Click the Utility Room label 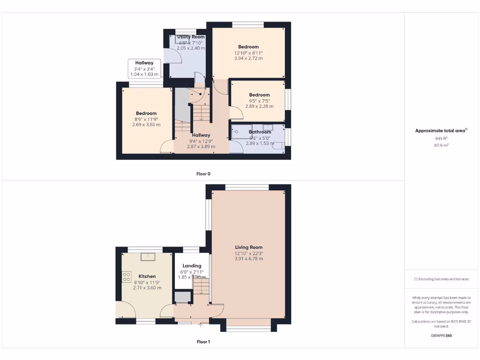pos(191,37)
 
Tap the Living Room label pos(249,247)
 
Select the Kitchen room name pos(147,276)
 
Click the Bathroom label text pos(260,132)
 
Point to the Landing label pos(192,266)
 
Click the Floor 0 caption pos(203,174)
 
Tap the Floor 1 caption pos(203,342)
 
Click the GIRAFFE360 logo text pos(441,336)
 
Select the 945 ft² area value pos(441,139)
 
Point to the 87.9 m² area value pos(441,145)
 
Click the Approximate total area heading pos(441,131)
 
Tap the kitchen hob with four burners pos(127,277)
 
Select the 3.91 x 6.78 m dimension pos(249,259)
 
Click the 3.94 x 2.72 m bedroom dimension pos(248,59)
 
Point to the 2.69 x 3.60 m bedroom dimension pos(146,125)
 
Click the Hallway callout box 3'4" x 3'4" pos(145,68)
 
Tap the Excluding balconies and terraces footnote pos(441,279)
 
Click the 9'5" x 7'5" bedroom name pos(259,95)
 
